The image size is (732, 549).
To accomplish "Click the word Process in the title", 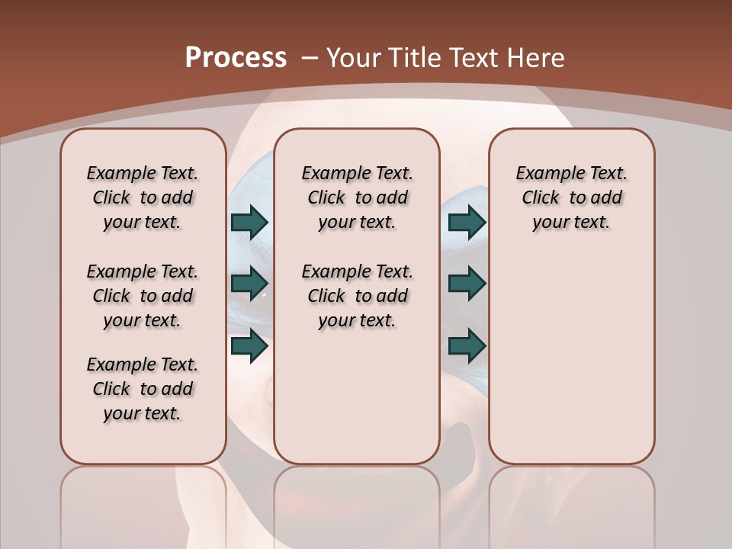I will [x=236, y=57].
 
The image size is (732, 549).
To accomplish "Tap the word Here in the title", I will [x=537, y=58].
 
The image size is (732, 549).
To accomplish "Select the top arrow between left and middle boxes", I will [x=249, y=222].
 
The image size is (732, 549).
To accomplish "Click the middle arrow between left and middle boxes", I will [x=249, y=284].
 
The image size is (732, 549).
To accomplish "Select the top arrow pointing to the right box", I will [x=467, y=222].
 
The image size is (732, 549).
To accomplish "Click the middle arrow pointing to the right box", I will [x=467, y=284].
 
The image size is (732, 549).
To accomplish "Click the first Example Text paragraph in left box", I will [x=143, y=197].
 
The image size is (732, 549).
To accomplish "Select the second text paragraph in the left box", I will [x=143, y=296].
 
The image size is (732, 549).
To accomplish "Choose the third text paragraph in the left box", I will [x=143, y=389].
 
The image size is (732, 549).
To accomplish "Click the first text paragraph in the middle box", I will [x=357, y=197].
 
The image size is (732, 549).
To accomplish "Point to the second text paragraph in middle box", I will [x=357, y=296].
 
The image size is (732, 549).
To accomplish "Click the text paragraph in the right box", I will [x=571, y=197].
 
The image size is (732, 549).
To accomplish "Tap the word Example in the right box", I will [x=544, y=174].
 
